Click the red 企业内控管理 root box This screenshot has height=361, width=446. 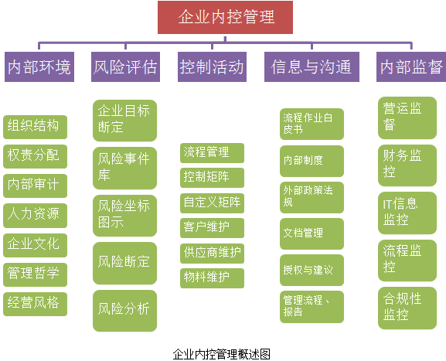pos(225,17)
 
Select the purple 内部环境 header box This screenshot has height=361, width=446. pos(39,66)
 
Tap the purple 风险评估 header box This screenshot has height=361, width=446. pos(125,66)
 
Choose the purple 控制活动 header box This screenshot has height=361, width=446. pos(212,66)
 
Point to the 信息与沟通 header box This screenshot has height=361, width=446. pos(312,66)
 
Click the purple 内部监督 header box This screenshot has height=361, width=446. pos(411,66)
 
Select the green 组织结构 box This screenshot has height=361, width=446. pos(35,127)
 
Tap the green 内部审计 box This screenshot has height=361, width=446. pos(35,186)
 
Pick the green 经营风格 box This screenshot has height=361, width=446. pos(35,304)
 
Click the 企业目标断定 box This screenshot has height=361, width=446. pos(125,121)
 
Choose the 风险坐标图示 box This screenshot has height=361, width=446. pos(125,216)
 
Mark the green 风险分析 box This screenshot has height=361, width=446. pos(125,311)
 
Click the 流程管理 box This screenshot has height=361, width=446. pos(213,153)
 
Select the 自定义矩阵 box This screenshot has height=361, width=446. pos(213,203)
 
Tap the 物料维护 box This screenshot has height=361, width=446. pos(213,278)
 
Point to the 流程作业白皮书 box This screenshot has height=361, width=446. pos(312,124)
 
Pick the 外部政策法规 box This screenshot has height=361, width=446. pos(312,197)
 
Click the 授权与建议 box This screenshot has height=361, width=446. pos(312,270)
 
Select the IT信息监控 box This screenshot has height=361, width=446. pos(407,213)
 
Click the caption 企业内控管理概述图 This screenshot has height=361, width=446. pos(222,355)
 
